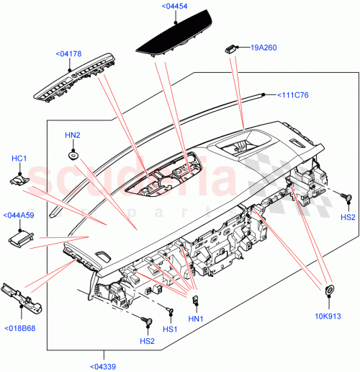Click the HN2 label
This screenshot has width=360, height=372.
tap(73, 135)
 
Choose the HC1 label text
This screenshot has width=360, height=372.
tap(19, 158)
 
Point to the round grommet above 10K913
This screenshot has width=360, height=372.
tap(329, 270)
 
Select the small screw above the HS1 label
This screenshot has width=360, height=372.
tap(170, 311)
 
